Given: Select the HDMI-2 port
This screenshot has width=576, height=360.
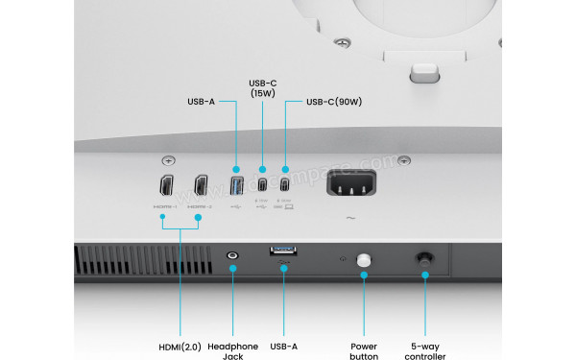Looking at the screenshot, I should pyautogui.click(x=201, y=185).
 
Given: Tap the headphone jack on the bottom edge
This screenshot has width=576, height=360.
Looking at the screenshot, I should pyautogui.click(x=231, y=255).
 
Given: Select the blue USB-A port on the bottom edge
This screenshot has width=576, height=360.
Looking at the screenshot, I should pyautogui.click(x=284, y=252).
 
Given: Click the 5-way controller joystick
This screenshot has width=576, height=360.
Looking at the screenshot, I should pyautogui.click(x=423, y=258).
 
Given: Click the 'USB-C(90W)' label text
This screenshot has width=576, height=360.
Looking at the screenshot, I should pyautogui.click(x=334, y=101).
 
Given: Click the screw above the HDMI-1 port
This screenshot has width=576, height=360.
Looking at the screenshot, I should pyautogui.click(x=169, y=159).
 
